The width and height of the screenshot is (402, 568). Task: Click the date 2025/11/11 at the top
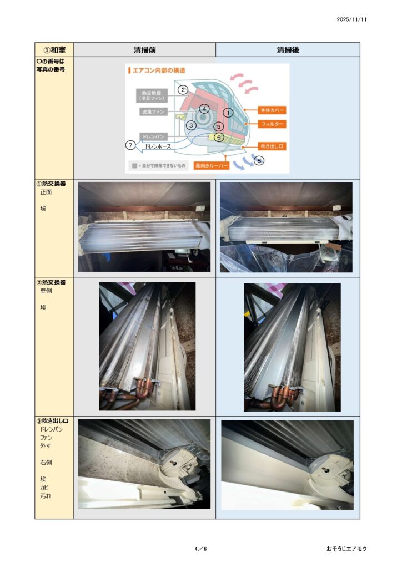click(351, 19)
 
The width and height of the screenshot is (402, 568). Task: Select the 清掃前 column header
click(144, 50)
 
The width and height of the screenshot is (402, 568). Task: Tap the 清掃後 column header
click(288, 50)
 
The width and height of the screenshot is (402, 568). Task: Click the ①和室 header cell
click(54, 50)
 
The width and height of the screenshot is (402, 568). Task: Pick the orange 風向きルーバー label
click(212, 165)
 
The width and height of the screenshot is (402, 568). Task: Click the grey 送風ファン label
click(153, 111)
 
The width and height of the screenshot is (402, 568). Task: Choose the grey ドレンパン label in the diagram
click(154, 136)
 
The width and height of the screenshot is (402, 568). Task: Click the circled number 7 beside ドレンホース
click(130, 145)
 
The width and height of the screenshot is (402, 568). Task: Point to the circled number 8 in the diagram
click(259, 160)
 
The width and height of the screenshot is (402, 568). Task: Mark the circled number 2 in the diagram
click(183, 90)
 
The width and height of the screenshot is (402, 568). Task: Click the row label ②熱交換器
click(51, 282)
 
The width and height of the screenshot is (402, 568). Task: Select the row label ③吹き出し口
click(52, 421)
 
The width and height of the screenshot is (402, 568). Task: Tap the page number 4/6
click(200, 549)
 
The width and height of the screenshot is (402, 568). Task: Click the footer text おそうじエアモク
click(346, 549)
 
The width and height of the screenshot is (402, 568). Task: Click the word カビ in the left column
click(44, 487)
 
